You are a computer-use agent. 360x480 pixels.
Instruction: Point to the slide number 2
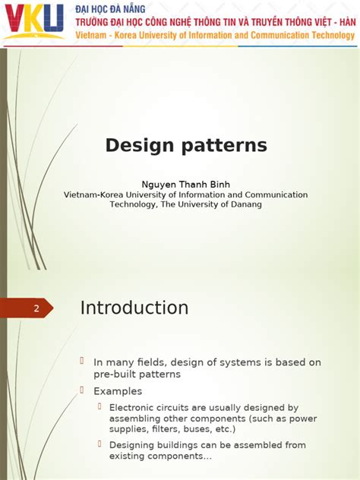tap(36, 308)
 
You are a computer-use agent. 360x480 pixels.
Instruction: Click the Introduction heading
tap(134, 308)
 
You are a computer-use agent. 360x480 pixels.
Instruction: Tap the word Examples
tap(118, 391)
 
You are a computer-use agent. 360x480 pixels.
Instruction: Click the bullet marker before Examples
tap(84, 390)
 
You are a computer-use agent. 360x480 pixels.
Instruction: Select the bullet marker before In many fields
tap(84, 362)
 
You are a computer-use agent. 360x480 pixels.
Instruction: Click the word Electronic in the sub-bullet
tap(134, 408)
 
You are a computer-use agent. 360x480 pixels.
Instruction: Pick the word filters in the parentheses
tap(152, 429)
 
